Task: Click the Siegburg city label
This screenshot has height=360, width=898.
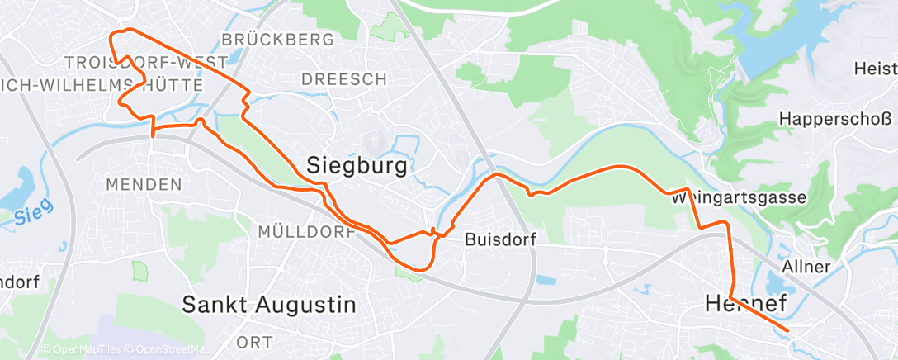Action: (357, 166)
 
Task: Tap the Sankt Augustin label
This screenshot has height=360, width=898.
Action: (269, 305)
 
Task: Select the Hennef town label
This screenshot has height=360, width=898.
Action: (745, 304)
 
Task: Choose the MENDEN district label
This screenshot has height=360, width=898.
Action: (145, 184)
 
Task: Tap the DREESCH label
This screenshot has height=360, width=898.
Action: (344, 79)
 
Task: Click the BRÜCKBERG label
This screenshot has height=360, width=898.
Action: (278, 40)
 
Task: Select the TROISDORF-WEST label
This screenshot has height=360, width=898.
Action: (145, 63)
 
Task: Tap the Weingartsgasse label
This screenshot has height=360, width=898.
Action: (726, 198)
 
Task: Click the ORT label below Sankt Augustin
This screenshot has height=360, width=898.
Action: (254, 342)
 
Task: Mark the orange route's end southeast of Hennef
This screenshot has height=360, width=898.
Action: (788, 331)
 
